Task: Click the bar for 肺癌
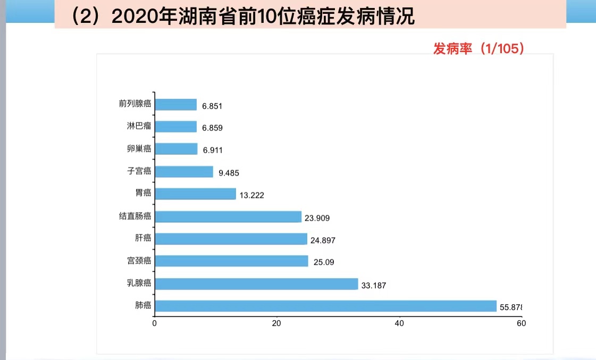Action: (325, 306)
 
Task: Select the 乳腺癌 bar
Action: (256, 283)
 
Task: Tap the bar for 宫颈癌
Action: (231, 261)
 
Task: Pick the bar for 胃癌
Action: (195, 194)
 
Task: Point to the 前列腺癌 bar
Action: (175, 104)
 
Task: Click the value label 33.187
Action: (373, 286)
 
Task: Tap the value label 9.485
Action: (229, 173)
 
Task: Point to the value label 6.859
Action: (212, 128)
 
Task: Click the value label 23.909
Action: (317, 218)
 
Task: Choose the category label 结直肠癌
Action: (135, 216)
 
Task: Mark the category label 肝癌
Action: (143, 238)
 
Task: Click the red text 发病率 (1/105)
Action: (479, 49)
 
